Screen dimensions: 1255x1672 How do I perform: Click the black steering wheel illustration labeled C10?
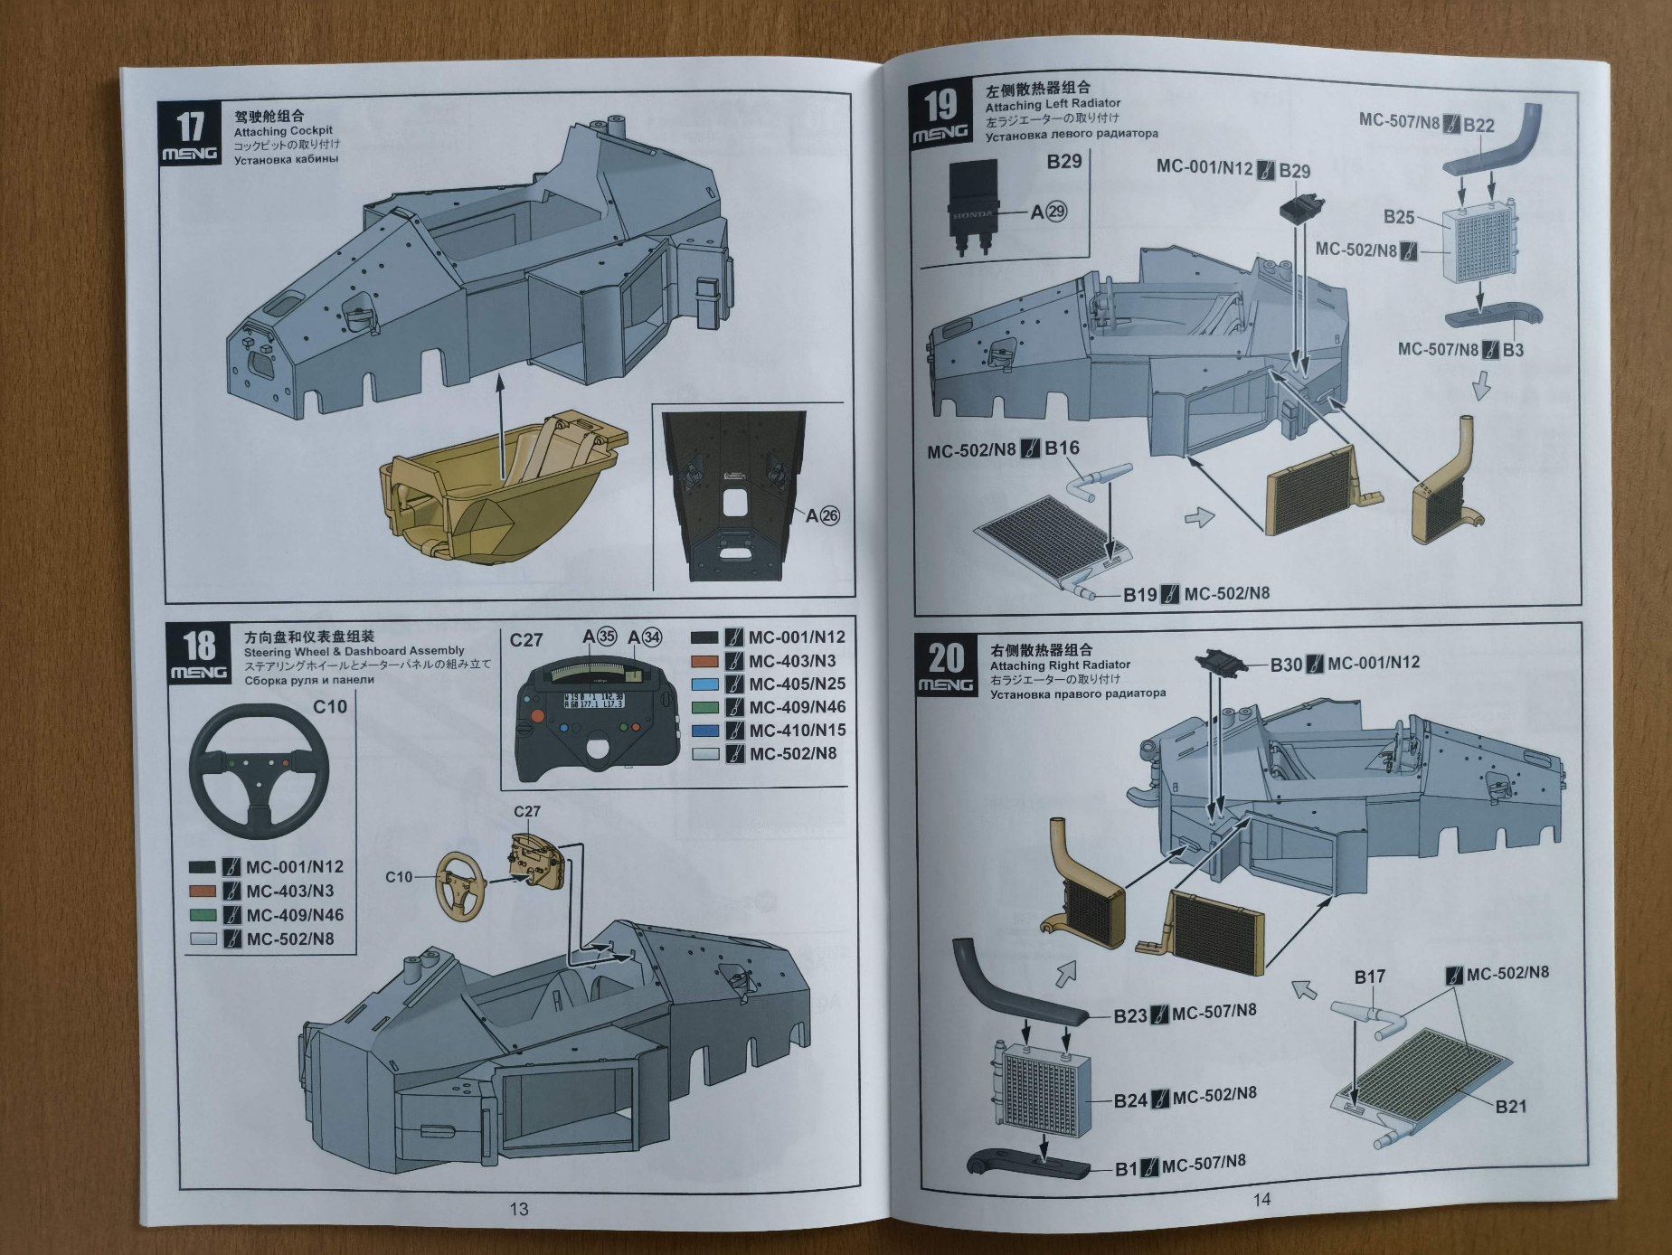259,770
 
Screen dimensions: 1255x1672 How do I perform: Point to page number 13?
518,1209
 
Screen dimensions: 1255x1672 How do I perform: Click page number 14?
1261,1199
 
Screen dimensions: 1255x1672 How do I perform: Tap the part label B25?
1398,217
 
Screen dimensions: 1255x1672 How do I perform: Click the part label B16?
1062,448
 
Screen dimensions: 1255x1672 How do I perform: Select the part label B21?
1510,1106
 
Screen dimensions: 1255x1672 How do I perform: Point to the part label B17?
1369,977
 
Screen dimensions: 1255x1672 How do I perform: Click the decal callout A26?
823,515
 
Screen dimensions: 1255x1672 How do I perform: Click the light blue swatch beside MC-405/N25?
705,684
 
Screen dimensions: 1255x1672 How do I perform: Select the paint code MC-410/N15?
797,731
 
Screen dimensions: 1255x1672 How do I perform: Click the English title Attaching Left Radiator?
1053,104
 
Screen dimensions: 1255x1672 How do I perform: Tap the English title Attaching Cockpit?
283,131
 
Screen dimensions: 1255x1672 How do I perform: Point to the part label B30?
1286,665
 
